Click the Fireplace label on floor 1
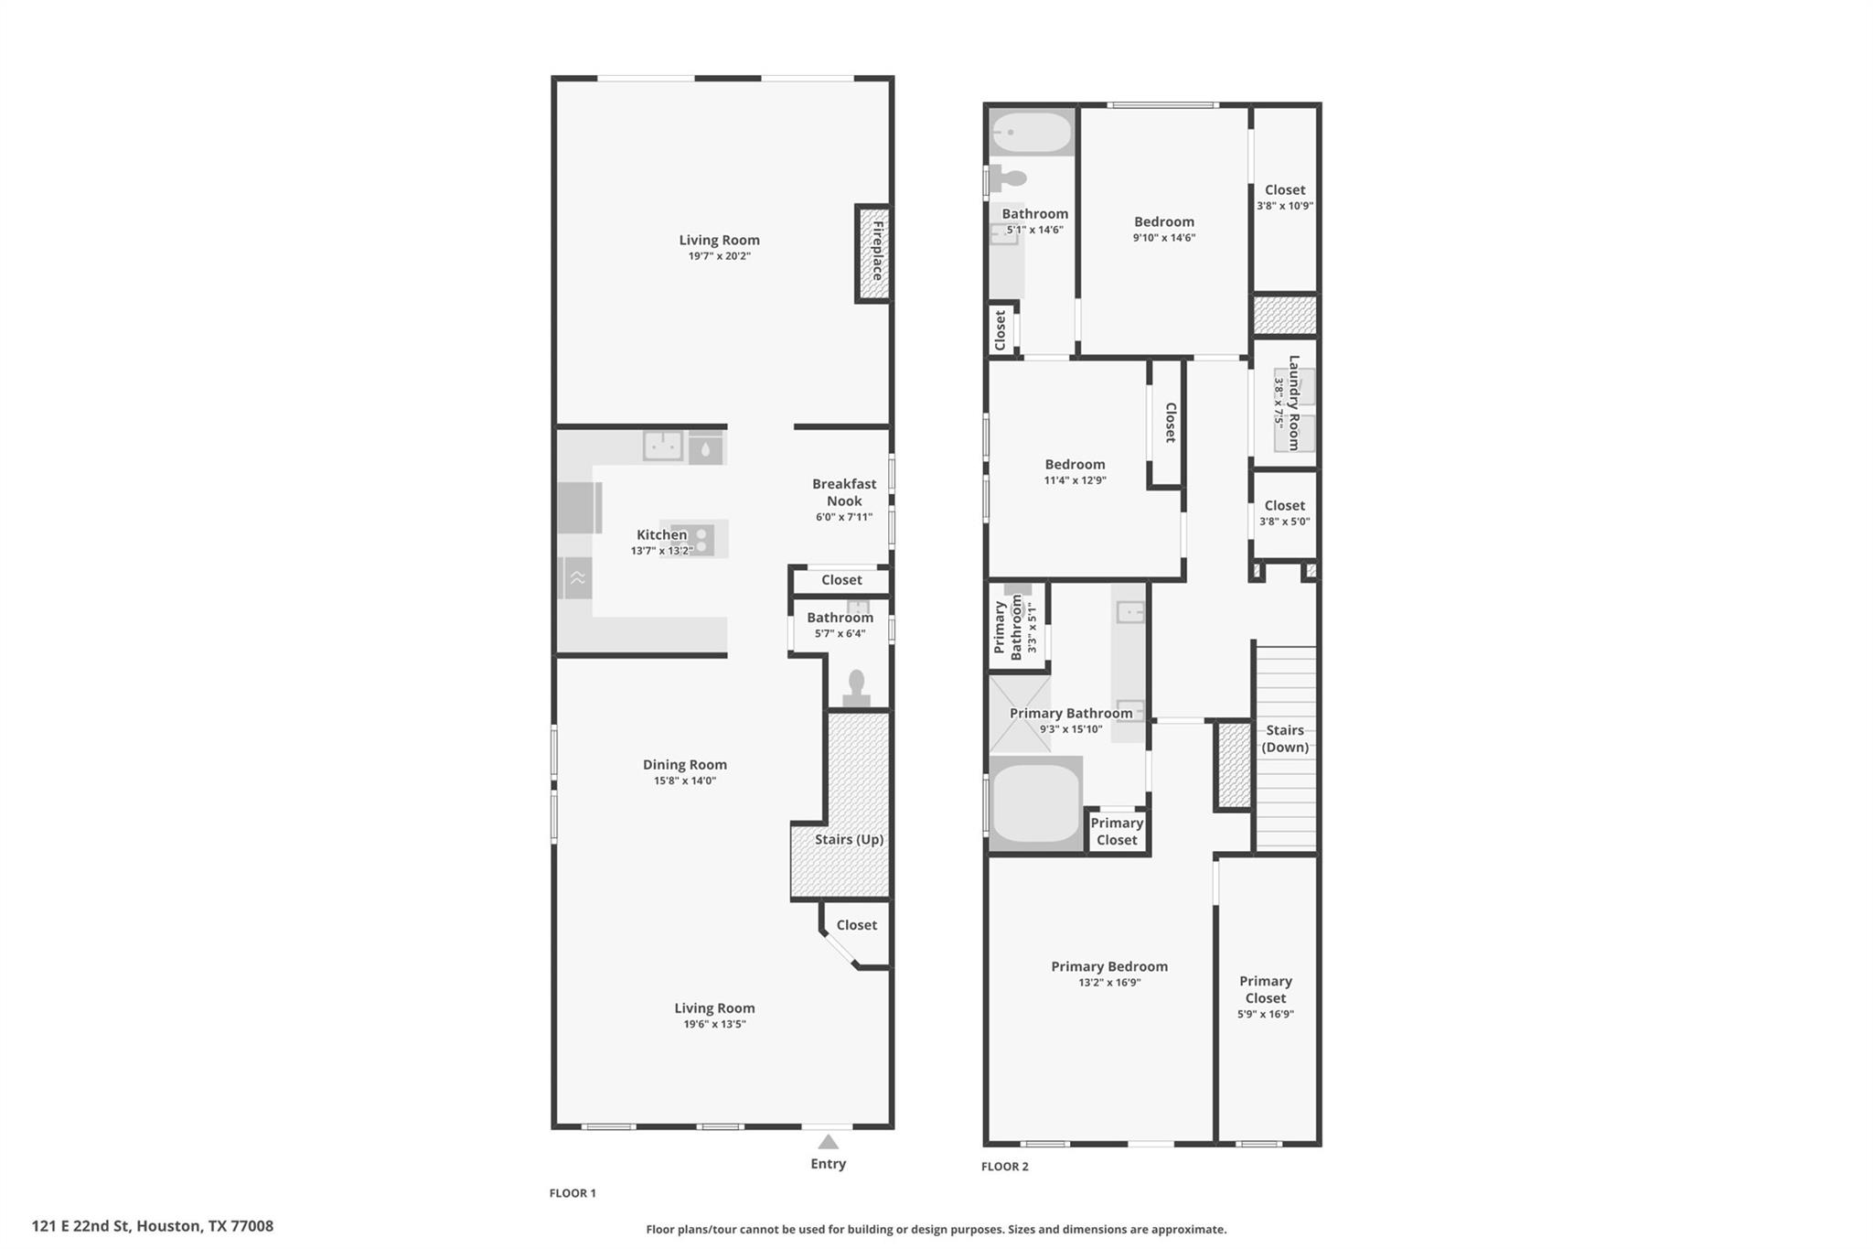click(877, 251)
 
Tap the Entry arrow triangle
click(828, 1142)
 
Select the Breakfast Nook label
click(844, 492)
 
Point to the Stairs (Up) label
click(849, 839)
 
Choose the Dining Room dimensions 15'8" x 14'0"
click(684, 781)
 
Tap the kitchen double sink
click(663, 446)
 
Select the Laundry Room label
click(1293, 403)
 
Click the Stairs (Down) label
click(1285, 738)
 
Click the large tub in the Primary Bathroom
click(1036, 802)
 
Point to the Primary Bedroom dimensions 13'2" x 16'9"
click(1109, 983)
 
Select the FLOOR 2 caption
click(1004, 1167)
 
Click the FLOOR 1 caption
click(573, 1193)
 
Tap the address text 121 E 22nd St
click(82, 1226)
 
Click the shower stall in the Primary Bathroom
click(1020, 715)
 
